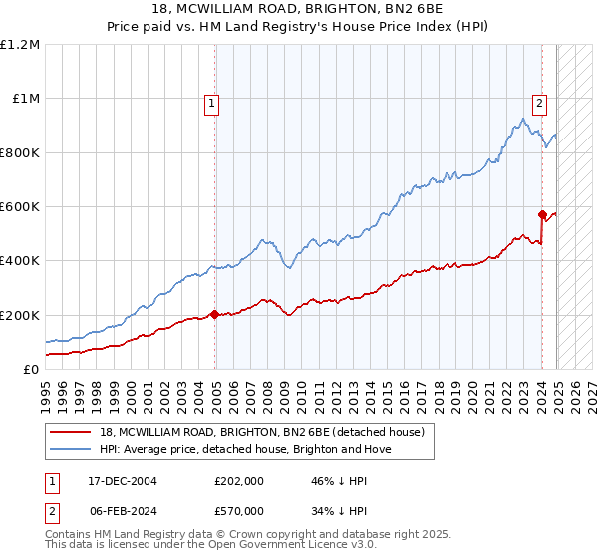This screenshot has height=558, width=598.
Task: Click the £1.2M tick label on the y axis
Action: pyautogui.click(x=20, y=45)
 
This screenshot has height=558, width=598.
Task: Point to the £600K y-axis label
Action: pyautogui.click(x=20, y=207)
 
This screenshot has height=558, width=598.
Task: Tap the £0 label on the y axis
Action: pyautogui.click(x=32, y=370)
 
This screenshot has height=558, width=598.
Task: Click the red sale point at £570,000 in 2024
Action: pyautogui.click(x=542, y=214)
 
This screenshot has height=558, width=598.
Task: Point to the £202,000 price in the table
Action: pyautogui.click(x=237, y=480)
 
